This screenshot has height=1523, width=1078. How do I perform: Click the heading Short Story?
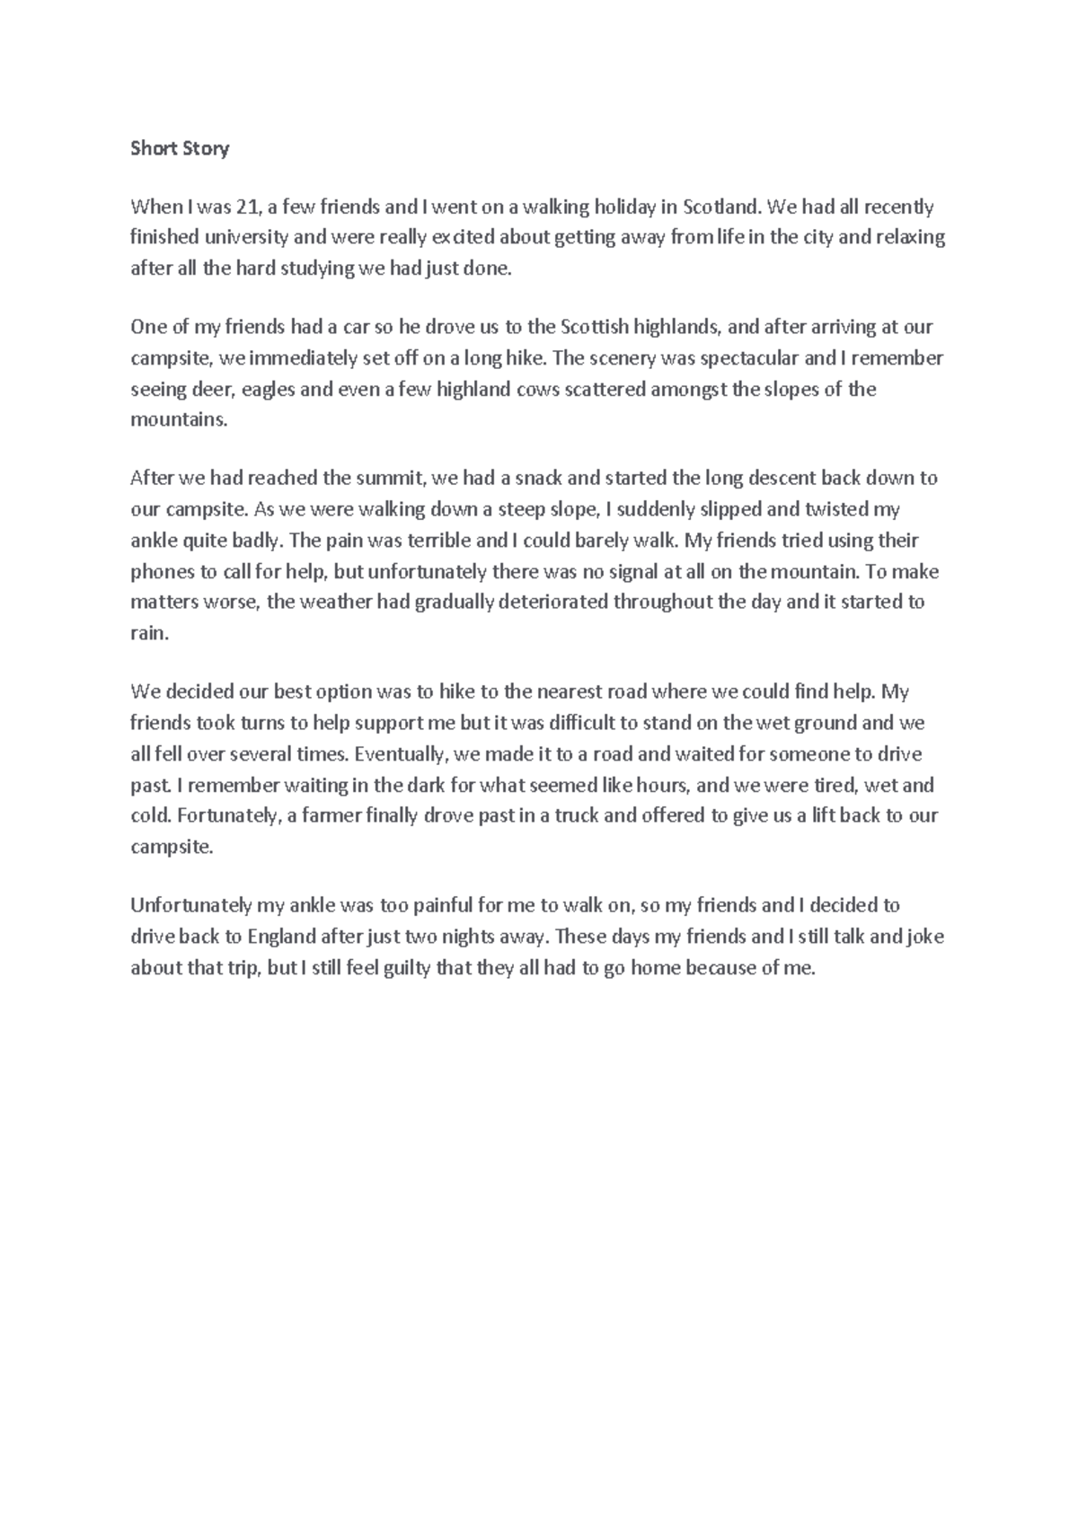click(180, 148)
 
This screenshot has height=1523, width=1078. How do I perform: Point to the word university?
click(246, 238)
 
